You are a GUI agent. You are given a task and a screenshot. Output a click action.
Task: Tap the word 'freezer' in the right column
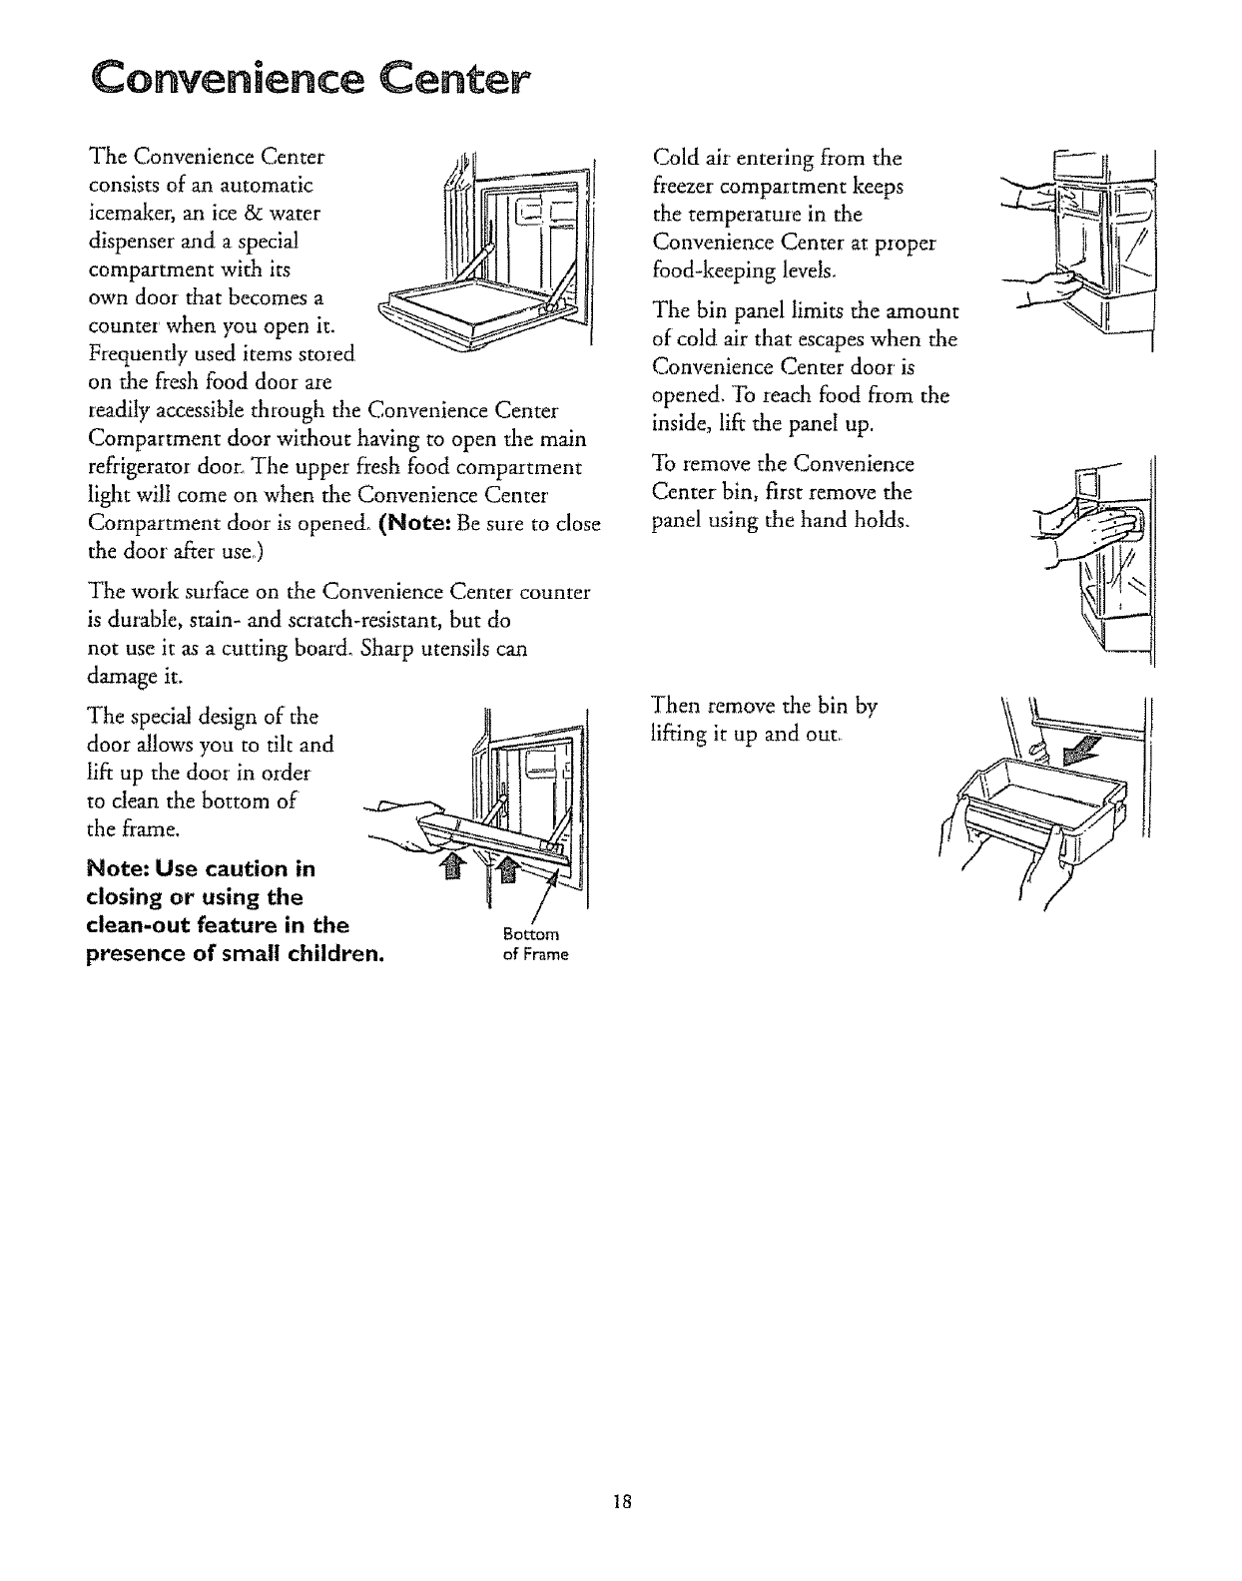[683, 186]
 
